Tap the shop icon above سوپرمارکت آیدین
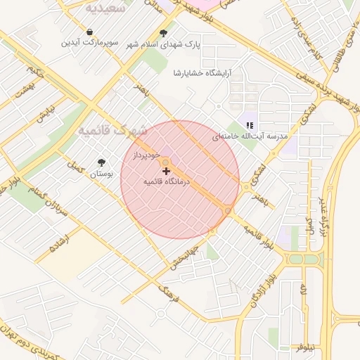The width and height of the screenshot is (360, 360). point(90,32)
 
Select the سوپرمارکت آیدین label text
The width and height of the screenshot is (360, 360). point(90,43)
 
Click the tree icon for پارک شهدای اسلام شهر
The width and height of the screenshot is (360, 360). point(164,32)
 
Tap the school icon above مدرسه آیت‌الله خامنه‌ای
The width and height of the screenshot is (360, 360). point(249,125)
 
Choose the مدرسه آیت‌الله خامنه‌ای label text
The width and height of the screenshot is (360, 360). point(250,136)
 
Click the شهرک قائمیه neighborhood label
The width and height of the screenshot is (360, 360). point(112,131)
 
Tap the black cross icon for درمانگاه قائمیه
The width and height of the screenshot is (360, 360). point(166,170)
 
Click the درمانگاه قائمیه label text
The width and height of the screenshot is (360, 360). point(167,181)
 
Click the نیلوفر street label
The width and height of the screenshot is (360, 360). point(308,347)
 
